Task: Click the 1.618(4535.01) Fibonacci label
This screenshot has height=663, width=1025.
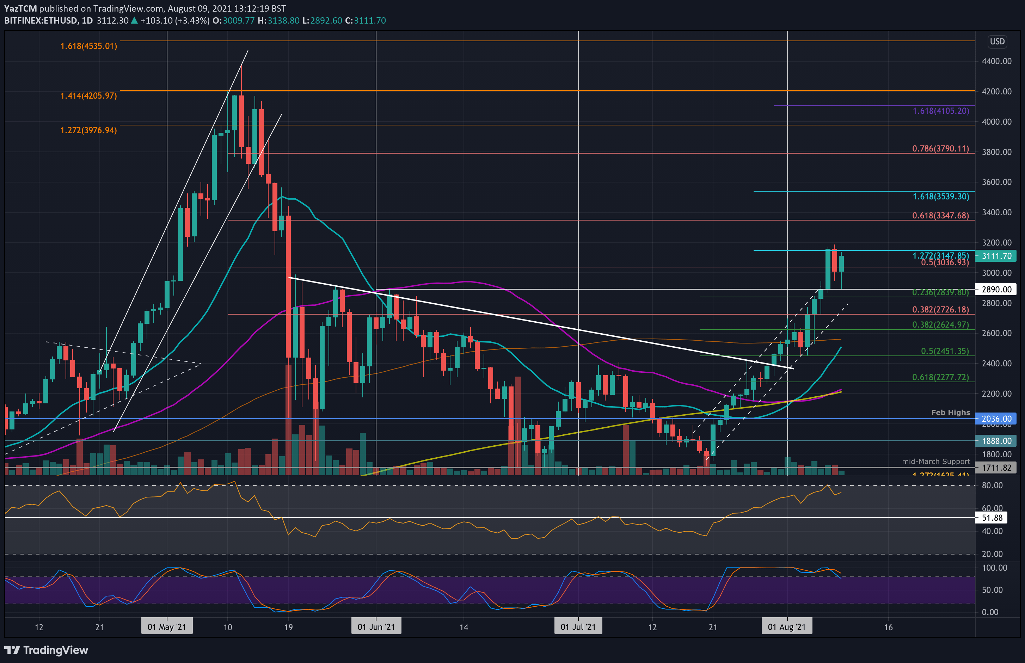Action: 88,46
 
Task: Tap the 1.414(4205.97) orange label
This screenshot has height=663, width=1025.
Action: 88,95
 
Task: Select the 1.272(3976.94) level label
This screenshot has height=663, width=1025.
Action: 88,130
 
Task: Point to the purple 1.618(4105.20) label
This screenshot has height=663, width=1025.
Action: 941,111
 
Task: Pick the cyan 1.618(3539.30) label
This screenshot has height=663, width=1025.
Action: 941,196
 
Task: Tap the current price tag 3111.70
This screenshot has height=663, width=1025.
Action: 996,256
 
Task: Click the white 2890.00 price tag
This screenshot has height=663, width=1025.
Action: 996,289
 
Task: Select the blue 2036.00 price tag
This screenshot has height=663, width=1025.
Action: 996,419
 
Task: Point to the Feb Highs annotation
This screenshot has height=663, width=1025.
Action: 951,413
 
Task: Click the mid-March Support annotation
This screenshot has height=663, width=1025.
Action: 936,461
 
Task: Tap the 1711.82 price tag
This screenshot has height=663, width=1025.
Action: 996,467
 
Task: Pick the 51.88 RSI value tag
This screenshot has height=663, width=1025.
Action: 992,518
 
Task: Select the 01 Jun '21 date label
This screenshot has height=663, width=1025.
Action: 376,627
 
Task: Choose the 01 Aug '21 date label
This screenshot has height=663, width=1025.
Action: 786,627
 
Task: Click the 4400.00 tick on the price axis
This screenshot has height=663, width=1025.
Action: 996,61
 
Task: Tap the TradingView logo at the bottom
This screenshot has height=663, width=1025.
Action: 46,650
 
